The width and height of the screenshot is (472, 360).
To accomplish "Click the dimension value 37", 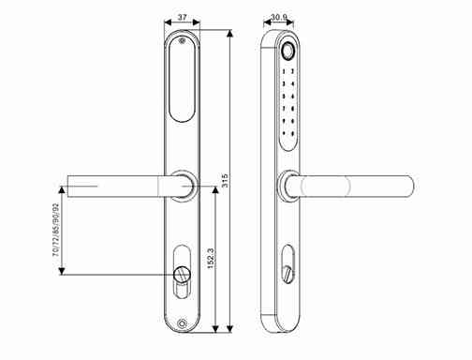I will pos(182,19).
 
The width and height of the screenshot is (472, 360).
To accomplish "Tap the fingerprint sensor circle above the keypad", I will pos(287,52).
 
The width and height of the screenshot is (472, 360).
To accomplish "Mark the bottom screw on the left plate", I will pos(181,325).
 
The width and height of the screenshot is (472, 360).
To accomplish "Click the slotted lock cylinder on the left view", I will pos(181,274).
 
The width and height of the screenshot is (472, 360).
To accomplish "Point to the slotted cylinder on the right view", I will pos(287,273).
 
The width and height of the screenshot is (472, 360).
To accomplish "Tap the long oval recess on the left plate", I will pos(181,84).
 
